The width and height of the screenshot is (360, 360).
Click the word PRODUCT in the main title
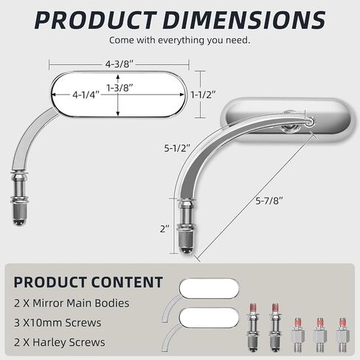[95, 21]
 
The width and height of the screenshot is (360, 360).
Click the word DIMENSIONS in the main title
[244, 21]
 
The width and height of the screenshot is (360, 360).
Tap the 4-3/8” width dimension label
[119, 64]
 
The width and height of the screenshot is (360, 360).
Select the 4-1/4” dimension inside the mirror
[86, 94]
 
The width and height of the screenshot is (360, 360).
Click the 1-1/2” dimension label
[204, 94]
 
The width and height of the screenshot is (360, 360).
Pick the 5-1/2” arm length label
[177, 148]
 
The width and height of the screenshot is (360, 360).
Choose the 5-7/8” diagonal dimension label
[269, 201]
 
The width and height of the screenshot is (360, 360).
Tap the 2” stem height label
[165, 229]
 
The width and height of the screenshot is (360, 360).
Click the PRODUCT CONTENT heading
[89, 282]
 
